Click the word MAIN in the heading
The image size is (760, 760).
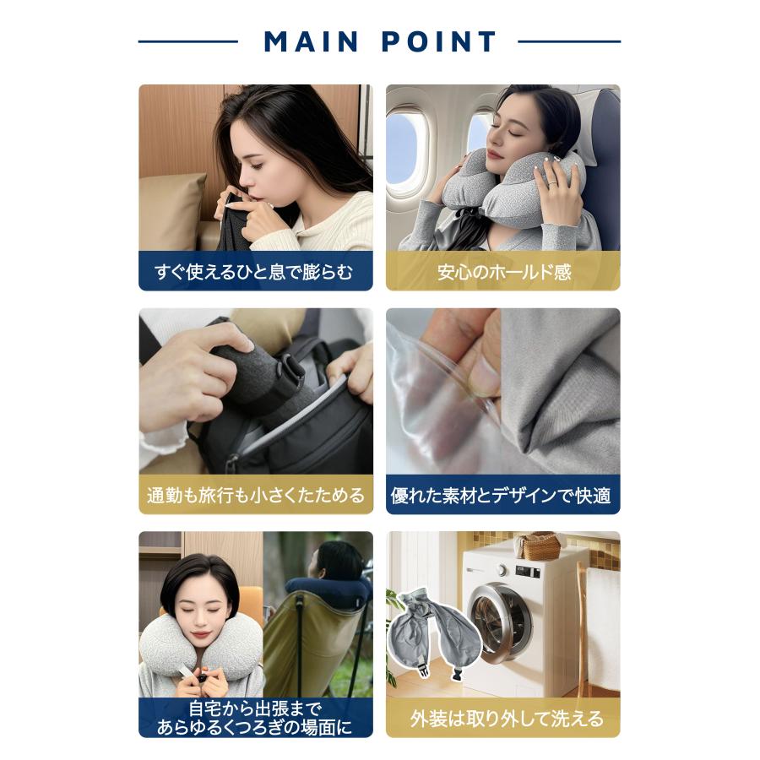click(311, 41)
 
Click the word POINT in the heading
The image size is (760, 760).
click(438, 41)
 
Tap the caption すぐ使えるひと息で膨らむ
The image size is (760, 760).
click(253, 272)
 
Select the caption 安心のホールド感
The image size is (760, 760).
click(503, 272)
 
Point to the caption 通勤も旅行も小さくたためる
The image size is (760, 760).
click(255, 496)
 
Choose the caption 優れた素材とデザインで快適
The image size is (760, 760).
click(501, 496)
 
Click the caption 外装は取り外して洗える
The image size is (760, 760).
click(507, 719)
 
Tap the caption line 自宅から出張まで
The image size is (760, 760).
click(255, 708)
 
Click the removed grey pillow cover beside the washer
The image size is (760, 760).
click(434, 630)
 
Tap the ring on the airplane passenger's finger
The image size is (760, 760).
click(552, 183)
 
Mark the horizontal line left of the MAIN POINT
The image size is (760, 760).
click(188, 41)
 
